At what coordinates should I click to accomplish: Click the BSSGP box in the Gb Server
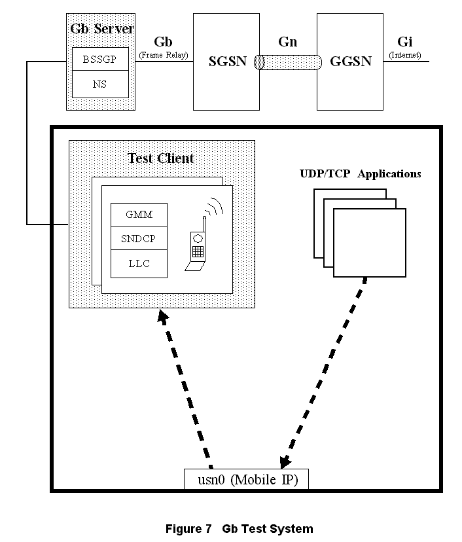(x=100, y=59)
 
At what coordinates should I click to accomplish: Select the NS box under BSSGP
(x=100, y=84)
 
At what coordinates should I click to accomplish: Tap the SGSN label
(x=227, y=61)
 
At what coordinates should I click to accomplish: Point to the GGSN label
(x=351, y=61)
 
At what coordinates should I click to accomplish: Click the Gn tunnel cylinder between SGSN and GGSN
(x=289, y=62)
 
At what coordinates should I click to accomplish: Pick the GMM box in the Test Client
(x=139, y=215)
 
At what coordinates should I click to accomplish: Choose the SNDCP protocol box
(x=139, y=239)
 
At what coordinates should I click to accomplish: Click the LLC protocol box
(x=139, y=263)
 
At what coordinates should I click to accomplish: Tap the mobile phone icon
(x=198, y=247)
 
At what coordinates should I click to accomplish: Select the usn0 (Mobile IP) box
(x=246, y=480)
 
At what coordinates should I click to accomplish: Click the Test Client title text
(x=161, y=158)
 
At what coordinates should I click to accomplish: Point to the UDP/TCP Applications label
(x=360, y=174)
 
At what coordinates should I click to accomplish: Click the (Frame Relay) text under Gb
(x=163, y=56)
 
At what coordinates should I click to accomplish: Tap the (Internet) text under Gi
(x=405, y=56)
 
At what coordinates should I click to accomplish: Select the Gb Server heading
(x=101, y=29)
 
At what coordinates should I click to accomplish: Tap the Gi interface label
(x=404, y=43)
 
